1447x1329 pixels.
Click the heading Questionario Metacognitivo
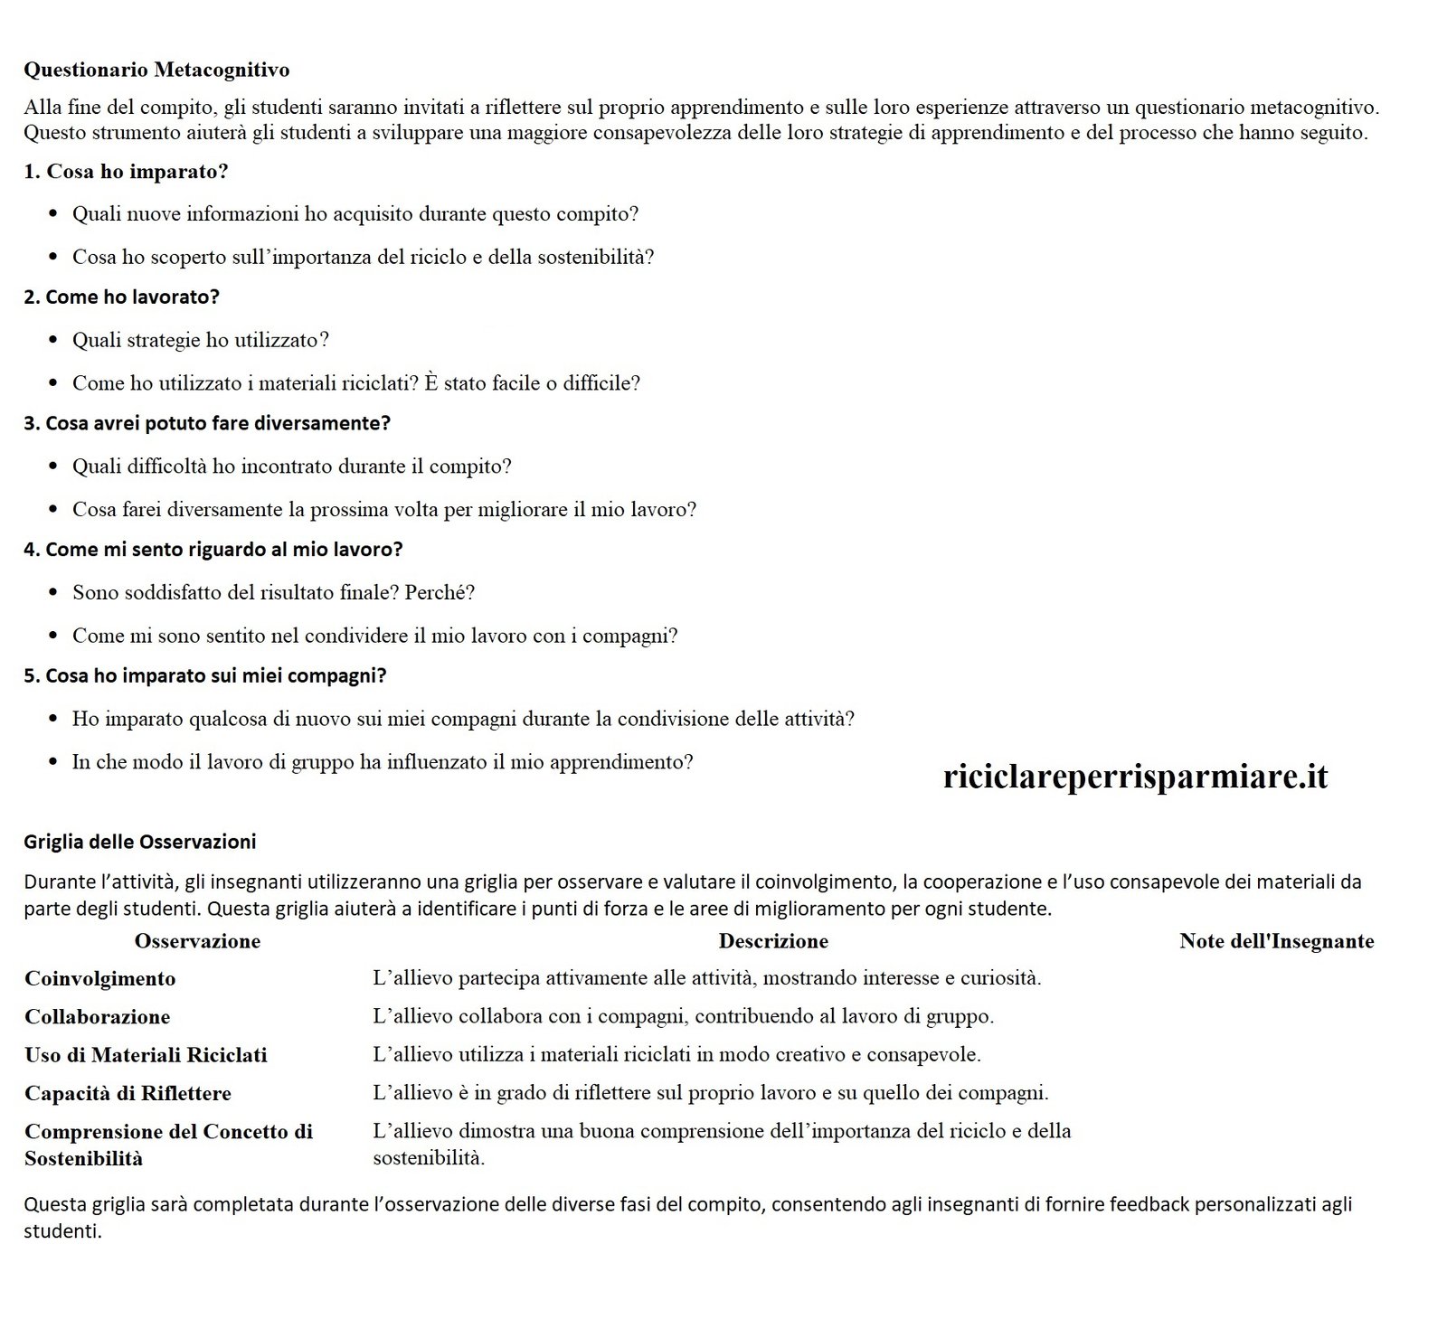(156, 70)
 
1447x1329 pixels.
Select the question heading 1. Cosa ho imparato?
(126, 172)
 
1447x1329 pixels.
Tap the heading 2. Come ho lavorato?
(122, 297)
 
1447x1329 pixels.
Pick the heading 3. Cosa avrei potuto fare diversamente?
(207, 423)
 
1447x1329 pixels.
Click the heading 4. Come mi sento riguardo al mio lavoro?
(213, 550)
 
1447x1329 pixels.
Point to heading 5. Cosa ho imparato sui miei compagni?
(205, 675)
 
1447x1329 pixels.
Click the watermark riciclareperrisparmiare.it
(1135, 777)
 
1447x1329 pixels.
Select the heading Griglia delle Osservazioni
(140, 842)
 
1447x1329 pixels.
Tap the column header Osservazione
(197, 941)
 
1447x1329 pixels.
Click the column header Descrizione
(773, 941)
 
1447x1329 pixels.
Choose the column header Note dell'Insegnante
(1276, 941)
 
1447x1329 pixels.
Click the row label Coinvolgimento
(100, 978)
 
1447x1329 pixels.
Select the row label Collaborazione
(98, 1017)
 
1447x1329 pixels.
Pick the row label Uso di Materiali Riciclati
(146, 1055)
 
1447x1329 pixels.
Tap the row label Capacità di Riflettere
(128, 1094)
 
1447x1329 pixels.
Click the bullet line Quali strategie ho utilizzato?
(201, 341)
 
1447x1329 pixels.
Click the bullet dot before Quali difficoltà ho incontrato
(53, 467)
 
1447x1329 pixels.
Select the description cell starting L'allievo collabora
(683, 1016)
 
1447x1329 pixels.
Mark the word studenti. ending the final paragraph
(62, 1231)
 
